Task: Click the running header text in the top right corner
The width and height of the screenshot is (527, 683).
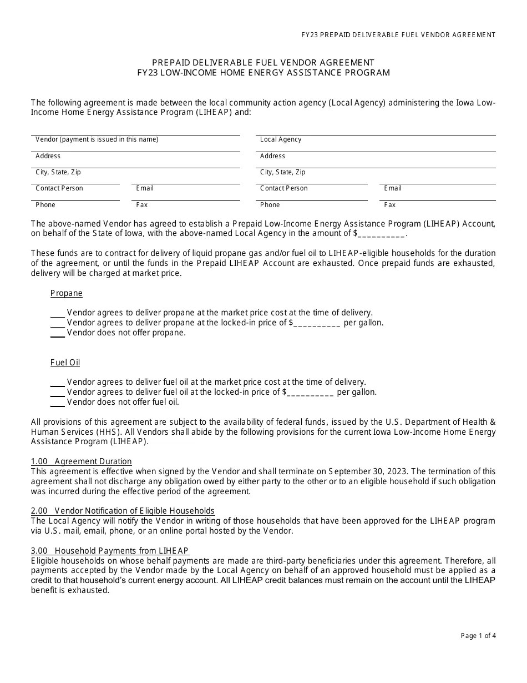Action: [x=398, y=35]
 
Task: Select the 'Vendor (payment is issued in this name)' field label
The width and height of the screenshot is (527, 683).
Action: [x=97, y=139]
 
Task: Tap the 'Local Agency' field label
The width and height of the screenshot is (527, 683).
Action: [x=281, y=139]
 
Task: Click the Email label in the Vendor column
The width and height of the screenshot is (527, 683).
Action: [x=145, y=188]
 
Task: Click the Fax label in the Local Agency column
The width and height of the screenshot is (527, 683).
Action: [x=390, y=205]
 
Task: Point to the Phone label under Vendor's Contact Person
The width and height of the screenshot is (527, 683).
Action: [x=45, y=205]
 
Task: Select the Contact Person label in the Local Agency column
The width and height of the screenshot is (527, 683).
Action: [x=283, y=188]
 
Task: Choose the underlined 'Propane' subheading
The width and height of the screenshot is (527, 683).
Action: [x=67, y=293]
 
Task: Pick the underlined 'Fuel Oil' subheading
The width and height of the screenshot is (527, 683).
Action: [x=65, y=363]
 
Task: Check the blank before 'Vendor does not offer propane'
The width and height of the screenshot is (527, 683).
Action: [x=58, y=333]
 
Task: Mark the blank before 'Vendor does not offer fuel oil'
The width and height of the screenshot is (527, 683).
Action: [x=58, y=403]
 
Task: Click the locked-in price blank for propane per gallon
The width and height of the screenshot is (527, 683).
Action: [x=317, y=323]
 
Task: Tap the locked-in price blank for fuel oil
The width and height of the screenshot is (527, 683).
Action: [x=310, y=393]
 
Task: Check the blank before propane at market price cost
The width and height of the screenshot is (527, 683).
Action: [x=58, y=313]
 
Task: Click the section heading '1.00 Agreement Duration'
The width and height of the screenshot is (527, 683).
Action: [x=82, y=461]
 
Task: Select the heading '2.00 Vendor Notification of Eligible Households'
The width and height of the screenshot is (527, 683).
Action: [x=123, y=511]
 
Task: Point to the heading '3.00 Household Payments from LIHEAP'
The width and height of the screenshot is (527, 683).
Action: [x=110, y=551]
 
